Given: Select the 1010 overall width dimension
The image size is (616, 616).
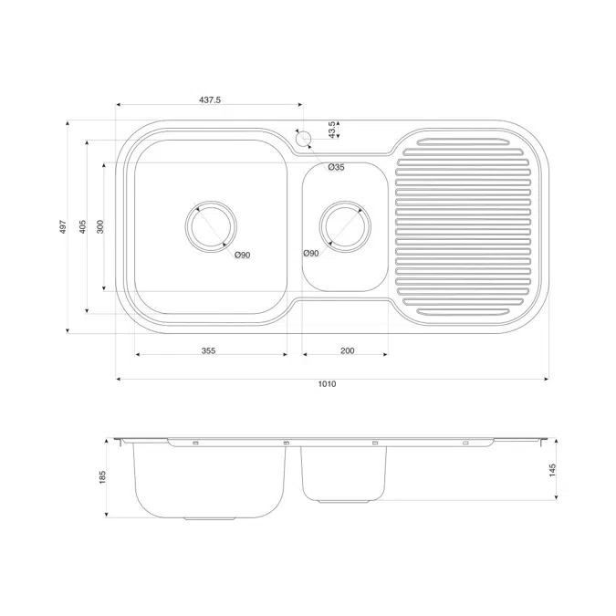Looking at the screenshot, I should point(328,384).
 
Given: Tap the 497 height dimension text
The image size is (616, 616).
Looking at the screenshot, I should point(63,226).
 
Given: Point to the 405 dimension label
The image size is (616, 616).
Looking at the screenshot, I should point(82,226).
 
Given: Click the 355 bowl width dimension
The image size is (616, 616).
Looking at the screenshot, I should point(209,351).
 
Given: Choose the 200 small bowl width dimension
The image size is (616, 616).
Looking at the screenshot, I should point(347,351).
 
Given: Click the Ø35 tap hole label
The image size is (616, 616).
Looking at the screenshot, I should point(336,167).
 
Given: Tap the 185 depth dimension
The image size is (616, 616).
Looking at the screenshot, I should point(103,476).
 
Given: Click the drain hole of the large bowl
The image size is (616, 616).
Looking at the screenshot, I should point(211,225).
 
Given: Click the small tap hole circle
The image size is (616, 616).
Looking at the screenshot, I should point(304,140).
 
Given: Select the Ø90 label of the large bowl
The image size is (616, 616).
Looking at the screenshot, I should point(242,255).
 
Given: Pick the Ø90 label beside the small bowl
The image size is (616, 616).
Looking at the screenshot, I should point(310,253).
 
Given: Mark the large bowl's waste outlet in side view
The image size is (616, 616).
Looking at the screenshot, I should point(211,517).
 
